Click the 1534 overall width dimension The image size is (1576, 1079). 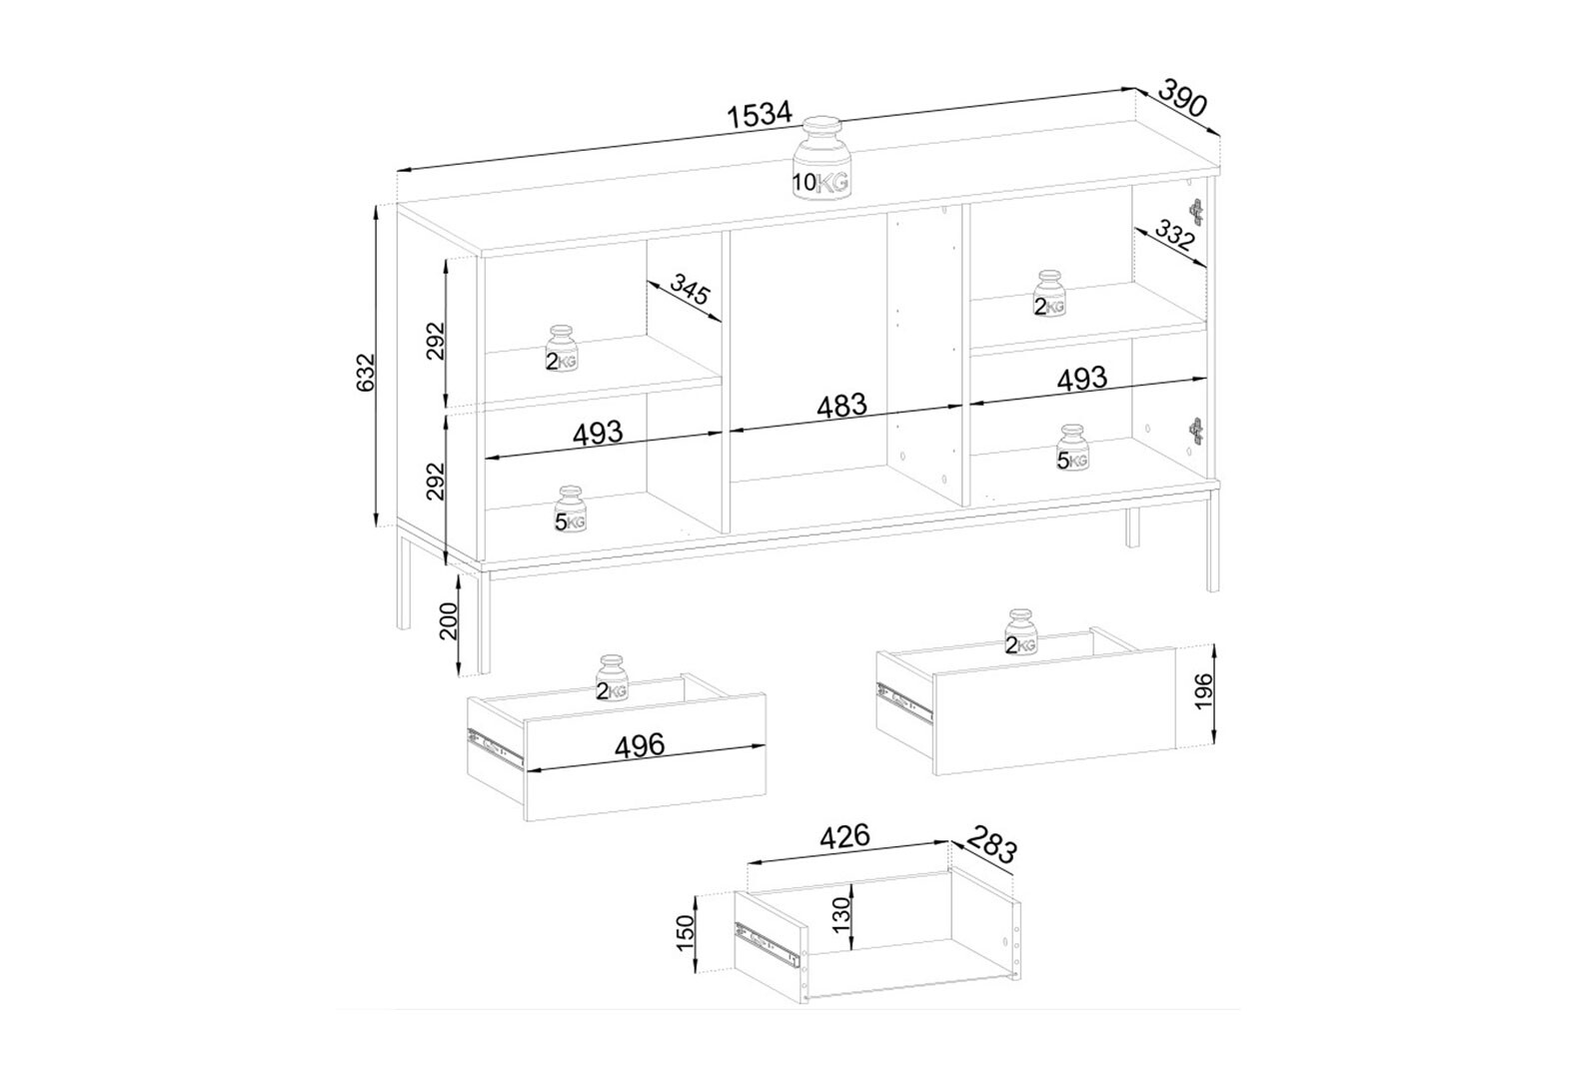[760, 115]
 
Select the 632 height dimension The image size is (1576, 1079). [367, 371]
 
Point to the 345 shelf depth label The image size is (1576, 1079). [691, 290]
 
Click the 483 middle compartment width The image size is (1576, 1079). [841, 407]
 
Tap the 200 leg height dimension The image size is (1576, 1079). [448, 620]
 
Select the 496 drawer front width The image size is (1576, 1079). [640, 745]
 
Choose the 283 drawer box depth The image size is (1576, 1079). [992, 843]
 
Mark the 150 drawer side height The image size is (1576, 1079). [685, 933]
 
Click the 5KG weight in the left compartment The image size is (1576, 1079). [570, 509]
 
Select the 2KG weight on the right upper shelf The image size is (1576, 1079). [1049, 294]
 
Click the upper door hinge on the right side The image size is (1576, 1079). [1195, 211]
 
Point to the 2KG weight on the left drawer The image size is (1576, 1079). [611, 678]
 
